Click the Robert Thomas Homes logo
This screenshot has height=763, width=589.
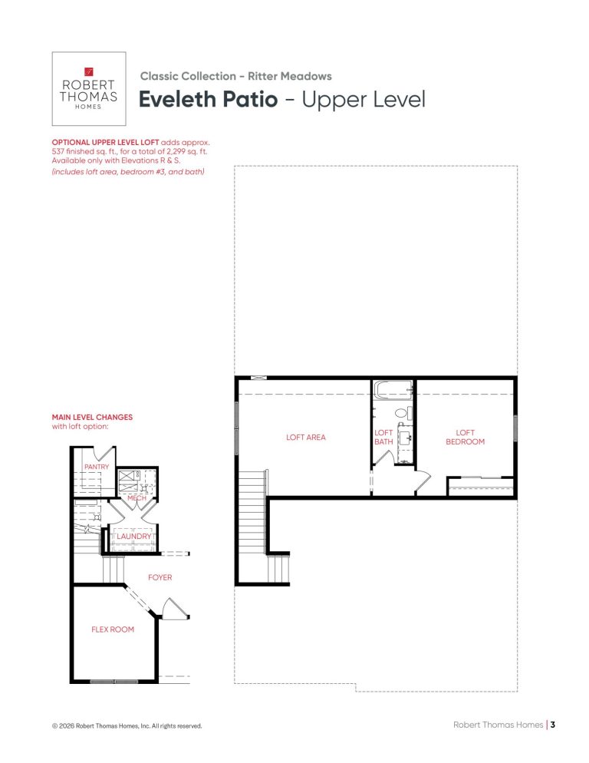[88, 88]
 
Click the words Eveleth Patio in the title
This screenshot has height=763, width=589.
[208, 99]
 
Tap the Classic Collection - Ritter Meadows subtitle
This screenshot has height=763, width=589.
[236, 76]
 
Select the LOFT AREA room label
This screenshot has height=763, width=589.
[305, 437]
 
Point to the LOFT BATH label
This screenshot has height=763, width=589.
[383, 437]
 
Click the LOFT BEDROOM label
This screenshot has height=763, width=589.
[465, 437]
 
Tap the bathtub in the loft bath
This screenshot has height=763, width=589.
[393, 390]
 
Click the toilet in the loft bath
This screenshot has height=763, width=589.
[402, 413]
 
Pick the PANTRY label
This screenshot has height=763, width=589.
[97, 467]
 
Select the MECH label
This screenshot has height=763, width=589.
[137, 498]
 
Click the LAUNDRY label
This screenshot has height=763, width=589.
[134, 536]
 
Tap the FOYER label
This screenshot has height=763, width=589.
[160, 577]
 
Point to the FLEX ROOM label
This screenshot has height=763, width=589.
[112, 629]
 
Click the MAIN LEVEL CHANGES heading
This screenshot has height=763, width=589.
[92, 417]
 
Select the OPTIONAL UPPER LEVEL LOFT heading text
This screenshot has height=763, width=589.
[106, 143]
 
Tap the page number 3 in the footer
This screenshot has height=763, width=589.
[552, 725]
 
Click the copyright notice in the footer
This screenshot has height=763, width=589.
[127, 726]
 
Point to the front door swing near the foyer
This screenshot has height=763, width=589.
[174, 608]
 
